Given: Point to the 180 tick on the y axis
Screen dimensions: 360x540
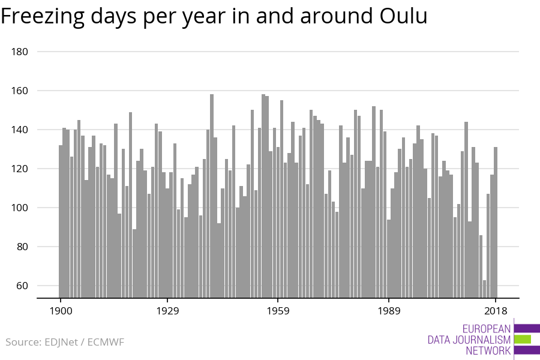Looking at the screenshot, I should (20, 52).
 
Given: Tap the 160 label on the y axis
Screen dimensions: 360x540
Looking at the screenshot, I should (20, 91).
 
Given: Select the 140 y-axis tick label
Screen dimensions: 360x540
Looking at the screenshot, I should (20, 130).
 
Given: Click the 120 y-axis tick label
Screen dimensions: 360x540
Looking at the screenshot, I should (20, 169).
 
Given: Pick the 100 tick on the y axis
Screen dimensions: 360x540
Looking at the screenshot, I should (20, 208).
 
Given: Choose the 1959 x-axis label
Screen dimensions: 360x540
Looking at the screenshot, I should (278, 311).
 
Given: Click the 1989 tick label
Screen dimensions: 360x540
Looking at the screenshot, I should (389, 311).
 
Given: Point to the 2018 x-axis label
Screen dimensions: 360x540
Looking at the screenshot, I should (496, 311).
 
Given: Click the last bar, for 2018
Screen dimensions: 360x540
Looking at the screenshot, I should (496, 222).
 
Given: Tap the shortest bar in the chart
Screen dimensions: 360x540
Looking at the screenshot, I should (485, 289).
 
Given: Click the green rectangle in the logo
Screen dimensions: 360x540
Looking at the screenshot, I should (523, 339).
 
